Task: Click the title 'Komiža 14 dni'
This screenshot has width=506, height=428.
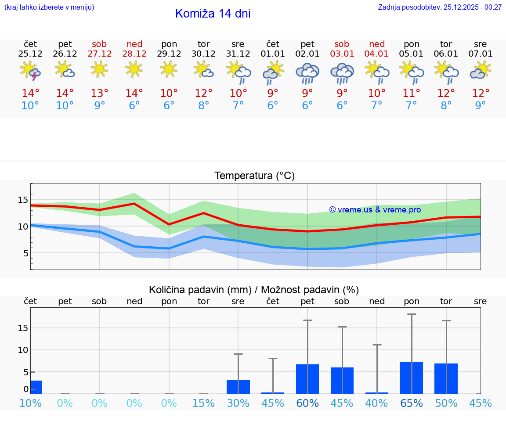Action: [213, 14]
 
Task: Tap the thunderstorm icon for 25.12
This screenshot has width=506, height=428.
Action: [30, 71]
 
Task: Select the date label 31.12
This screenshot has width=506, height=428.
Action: [238, 54]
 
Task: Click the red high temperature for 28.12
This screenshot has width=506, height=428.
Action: [134, 93]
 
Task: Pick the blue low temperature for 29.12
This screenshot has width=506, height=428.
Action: [169, 105]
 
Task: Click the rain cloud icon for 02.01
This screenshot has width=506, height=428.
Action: [307, 72]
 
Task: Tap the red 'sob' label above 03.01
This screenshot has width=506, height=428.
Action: [342, 44]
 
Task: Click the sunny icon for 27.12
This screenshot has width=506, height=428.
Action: [100, 69]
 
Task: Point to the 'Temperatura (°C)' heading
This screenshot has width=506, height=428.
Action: [255, 176]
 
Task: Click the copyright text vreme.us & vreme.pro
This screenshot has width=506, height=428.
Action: [375, 210]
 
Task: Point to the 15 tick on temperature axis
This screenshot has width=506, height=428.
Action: [23, 200]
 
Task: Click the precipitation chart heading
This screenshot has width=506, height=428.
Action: [254, 290]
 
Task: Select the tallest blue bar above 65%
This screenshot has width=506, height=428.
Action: [411, 378]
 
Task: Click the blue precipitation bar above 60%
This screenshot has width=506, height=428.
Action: [307, 379]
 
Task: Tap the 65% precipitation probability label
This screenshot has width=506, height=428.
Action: [412, 403]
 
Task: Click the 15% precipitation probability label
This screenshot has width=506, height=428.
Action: [203, 403]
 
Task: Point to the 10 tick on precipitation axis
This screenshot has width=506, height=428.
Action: [23, 350]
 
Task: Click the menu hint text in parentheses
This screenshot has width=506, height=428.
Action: [49, 7]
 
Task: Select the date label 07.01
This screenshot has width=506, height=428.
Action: [481, 54]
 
